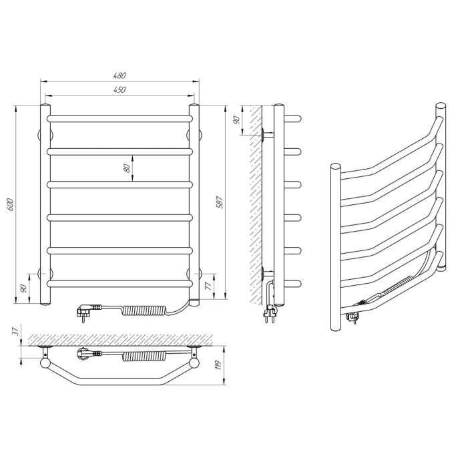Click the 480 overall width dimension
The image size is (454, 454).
coord(120,75)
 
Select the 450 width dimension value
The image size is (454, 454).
coord(120,89)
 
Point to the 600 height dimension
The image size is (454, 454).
coord(11,204)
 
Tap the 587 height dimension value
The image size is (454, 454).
coord(220,203)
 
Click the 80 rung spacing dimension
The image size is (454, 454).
coord(127,168)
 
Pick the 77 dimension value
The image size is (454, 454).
coord(208,286)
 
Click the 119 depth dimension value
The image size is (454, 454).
coord(219,365)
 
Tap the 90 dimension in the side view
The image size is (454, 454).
coord(236,120)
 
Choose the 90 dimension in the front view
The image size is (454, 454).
coord(24,288)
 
